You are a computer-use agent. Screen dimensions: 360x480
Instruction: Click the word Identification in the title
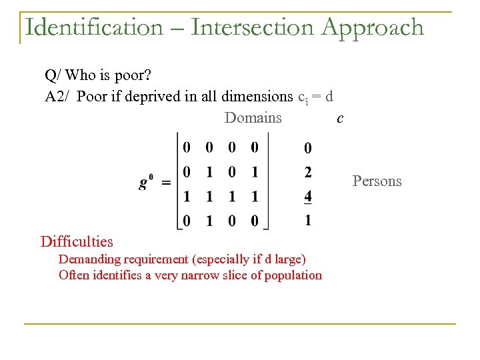pos(93,27)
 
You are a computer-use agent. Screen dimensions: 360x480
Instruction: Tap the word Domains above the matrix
pos(253,118)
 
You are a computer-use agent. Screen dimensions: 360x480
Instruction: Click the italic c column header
pos(340,119)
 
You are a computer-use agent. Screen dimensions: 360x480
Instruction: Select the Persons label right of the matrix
pos(377,181)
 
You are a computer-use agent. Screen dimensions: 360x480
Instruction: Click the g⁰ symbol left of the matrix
pos(147,181)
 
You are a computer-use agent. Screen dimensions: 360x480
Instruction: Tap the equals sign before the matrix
pos(166,183)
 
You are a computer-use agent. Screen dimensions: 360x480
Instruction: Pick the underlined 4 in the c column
pos(307,197)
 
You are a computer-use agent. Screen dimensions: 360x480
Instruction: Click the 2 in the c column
pos(307,173)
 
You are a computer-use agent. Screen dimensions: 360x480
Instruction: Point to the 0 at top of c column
pos(307,148)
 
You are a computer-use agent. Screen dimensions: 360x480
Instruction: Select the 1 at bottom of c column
pos(307,220)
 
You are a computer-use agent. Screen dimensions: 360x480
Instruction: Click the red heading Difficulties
pos(77,241)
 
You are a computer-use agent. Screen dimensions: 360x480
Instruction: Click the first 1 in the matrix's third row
pos(187,197)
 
